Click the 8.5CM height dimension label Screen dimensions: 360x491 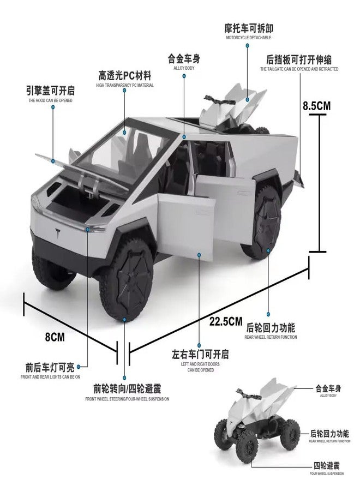(x=316, y=106)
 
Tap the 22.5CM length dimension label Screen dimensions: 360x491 (x=226, y=321)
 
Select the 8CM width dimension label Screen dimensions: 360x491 (x=55, y=337)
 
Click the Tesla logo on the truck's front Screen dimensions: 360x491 (x=58, y=233)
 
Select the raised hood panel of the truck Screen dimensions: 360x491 (x=82, y=173)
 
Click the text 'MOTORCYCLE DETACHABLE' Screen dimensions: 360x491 (x=249, y=38)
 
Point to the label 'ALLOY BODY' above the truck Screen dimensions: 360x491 (x=184, y=68)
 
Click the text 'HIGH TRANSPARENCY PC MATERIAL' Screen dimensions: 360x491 (x=125, y=85)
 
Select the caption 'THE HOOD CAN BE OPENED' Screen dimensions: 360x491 (x=50, y=100)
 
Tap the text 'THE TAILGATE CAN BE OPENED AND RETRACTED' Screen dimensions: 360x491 (x=299, y=69)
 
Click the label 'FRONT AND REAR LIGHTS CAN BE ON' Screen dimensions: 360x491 (x=50, y=377)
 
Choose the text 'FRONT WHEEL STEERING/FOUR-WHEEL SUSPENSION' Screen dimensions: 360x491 (x=127, y=399)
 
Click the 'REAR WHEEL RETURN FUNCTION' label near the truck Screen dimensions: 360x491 (x=271, y=337)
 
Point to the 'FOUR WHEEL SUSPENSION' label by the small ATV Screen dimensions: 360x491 (x=327, y=474)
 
